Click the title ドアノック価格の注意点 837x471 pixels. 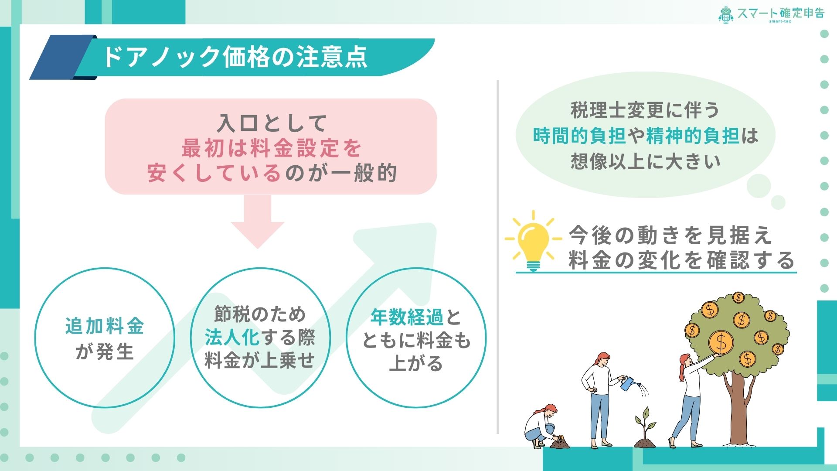(235, 58)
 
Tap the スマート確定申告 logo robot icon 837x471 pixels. (725, 14)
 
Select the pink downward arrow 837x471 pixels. (257, 222)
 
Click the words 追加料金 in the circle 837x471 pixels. (105, 326)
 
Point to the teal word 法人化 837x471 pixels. (232, 337)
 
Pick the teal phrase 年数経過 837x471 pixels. (407, 317)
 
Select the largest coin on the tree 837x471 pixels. (721, 342)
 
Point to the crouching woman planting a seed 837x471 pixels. (541, 427)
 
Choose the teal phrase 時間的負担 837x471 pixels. (580, 136)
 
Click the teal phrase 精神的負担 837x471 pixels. (693, 136)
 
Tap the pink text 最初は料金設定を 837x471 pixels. (272, 148)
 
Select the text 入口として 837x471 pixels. (272, 123)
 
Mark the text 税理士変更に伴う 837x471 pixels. (645, 110)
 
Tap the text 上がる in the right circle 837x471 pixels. (416, 363)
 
